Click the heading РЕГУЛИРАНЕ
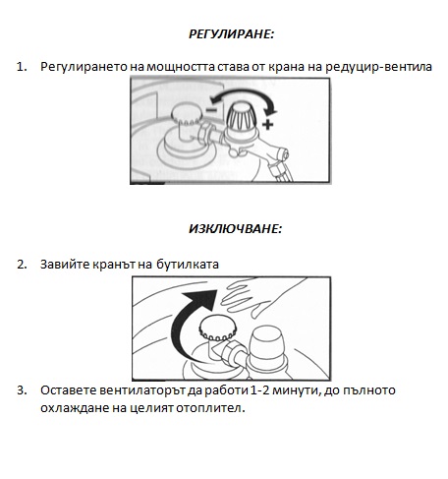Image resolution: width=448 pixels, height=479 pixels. coord(231,34)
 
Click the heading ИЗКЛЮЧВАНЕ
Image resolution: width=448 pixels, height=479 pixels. coord(235,229)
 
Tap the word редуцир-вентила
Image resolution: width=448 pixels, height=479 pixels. coord(378,67)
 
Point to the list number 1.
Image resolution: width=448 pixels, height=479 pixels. coord(22,67)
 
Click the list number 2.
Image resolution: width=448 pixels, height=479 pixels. coord(22,265)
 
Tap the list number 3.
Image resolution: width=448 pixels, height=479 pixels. coord(22,390)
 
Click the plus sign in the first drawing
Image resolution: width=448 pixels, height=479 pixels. coord(268,124)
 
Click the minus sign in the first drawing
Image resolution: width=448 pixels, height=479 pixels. coord(211,109)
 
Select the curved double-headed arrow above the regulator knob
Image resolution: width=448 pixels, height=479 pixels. coord(243,91)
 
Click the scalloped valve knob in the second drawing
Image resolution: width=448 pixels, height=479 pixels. coord(218,328)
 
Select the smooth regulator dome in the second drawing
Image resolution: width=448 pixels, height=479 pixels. coord(267,344)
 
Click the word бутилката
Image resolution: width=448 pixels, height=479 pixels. coord(188,265)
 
